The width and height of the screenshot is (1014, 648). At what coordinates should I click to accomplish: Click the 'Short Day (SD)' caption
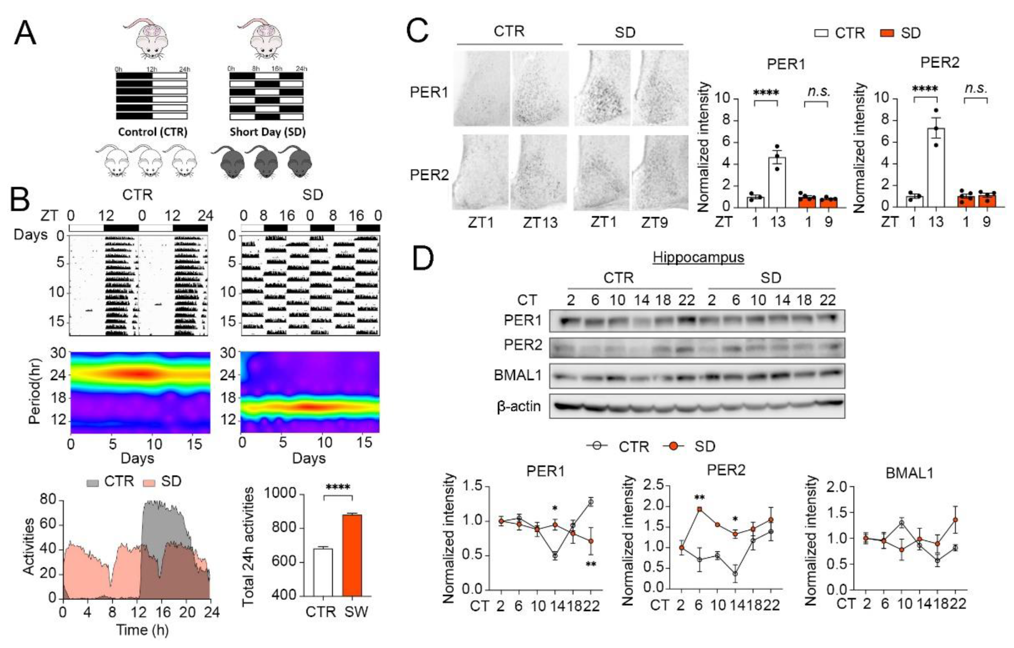(x=267, y=132)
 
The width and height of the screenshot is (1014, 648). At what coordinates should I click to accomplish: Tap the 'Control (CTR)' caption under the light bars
(x=152, y=132)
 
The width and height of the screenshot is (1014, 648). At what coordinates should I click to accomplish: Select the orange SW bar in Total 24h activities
(x=352, y=555)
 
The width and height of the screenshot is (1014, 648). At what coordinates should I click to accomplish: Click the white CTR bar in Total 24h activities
(x=323, y=572)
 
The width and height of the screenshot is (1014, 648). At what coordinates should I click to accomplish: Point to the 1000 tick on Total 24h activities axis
(x=285, y=494)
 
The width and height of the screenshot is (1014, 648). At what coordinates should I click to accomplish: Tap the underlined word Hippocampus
(x=698, y=257)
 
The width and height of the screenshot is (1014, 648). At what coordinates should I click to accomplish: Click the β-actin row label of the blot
(x=518, y=406)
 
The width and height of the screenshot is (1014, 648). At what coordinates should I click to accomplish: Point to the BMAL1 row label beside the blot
(x=518, y=375)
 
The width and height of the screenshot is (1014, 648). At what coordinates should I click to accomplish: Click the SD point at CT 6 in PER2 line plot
(x=700, y=509)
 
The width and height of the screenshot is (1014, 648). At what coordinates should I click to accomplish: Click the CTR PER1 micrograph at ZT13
(x=540, y=88)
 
